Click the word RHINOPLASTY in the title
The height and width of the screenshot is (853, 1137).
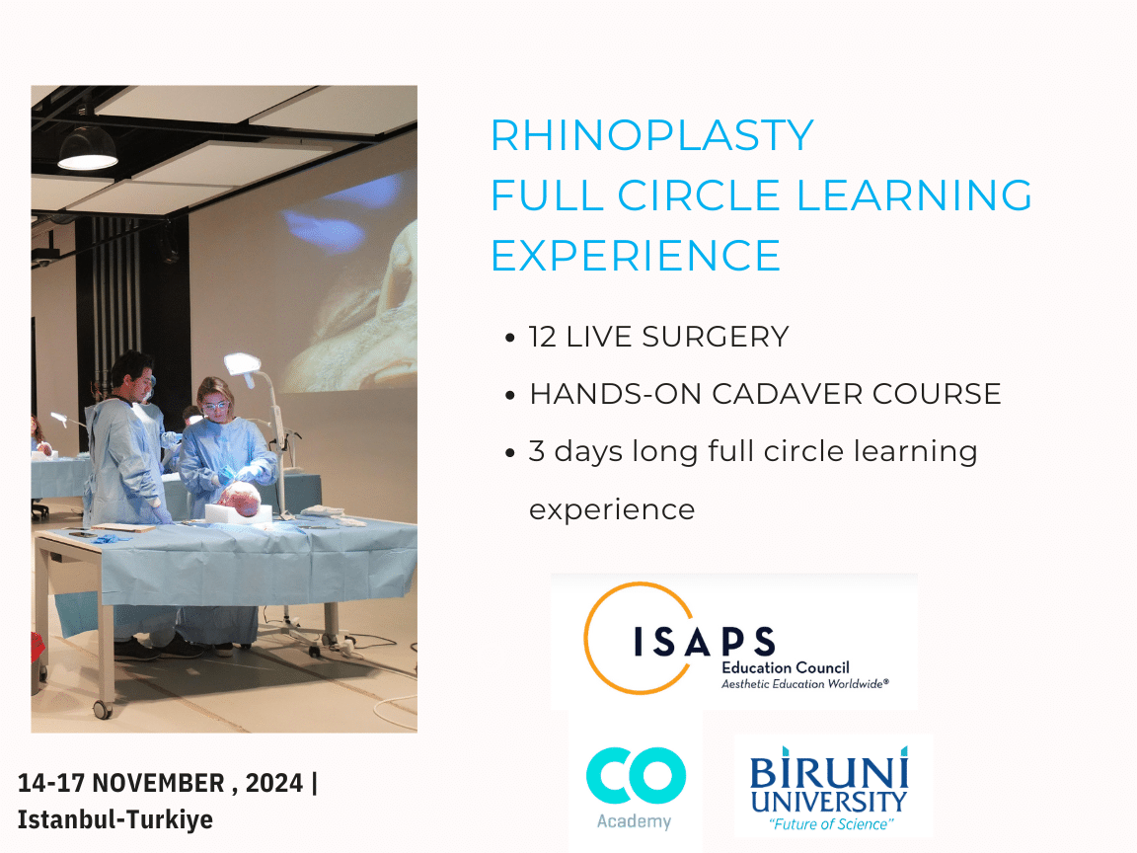coord(652,135)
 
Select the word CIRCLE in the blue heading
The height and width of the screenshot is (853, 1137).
coord(699,195)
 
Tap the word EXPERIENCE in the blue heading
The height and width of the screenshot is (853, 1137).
coord(636,256)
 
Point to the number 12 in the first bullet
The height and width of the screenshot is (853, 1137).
coord(543,337)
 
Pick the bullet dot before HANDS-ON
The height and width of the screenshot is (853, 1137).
coord(510,395)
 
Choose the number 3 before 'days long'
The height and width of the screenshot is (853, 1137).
coord(537,451)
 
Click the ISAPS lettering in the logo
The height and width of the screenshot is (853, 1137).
coord(705,641)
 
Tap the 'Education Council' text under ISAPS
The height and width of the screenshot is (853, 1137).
coord(786,667)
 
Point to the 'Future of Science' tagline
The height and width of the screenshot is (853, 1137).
coord(830,824)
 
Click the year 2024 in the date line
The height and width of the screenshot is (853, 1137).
coord(274,783)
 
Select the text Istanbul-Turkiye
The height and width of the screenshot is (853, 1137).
coord(115,819)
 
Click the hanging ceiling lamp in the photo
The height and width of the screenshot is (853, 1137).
coord(87,147)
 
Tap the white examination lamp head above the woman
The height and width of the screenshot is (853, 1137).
coord(242,364)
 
